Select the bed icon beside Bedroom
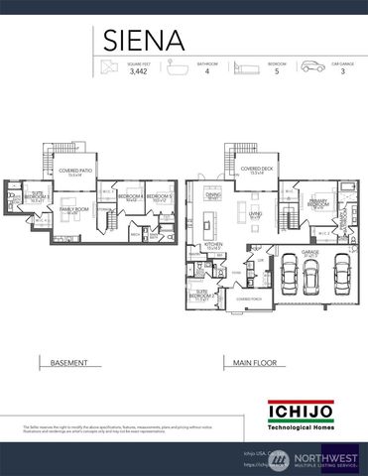click(244, 68)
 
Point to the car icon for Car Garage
click(311, 68)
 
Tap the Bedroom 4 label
click(131, 197)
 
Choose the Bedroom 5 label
click(161, 197)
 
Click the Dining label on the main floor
click(212, 195)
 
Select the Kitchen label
click(212, 246)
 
